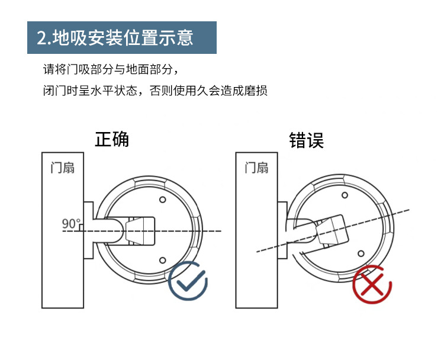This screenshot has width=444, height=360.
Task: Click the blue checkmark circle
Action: (x=188, y=283)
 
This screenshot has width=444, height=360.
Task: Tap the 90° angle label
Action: (x=71, y=223)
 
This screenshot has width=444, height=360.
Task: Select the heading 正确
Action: (x=111, y=139)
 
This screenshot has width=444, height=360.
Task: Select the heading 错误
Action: (x=306, y=140)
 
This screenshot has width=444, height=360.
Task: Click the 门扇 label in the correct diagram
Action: (x=62, y=168)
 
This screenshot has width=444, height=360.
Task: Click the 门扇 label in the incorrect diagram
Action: (x=256, y=168)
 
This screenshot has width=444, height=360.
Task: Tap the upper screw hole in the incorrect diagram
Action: (x=344, y=195)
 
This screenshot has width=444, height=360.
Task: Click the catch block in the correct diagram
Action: (x=141, y=231)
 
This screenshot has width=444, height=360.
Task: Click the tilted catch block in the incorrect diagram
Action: (x=332, y=230)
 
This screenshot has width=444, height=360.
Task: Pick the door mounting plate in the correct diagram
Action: (x=88, y=230)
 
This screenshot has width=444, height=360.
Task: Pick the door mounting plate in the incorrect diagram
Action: (x=282, y=230)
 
